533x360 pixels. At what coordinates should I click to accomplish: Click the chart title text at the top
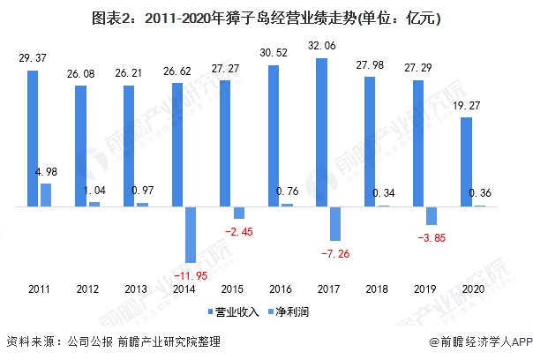click(x=266, y=18)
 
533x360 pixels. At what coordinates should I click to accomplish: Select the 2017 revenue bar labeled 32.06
click(x=321, y=132)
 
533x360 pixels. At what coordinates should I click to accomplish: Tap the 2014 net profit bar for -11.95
click(x=191, y=234)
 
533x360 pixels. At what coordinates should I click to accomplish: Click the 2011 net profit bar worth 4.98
click(x=46, y=195)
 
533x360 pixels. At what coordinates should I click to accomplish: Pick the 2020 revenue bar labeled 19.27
click(x=466, y=162)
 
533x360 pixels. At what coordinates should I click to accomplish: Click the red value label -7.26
click(x=338, y=254)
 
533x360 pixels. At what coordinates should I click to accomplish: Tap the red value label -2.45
click(x=238, y=231)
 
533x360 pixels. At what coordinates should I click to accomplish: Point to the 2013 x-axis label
click(x=135, y=289)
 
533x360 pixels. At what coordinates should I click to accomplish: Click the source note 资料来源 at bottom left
click(x=113, y=342)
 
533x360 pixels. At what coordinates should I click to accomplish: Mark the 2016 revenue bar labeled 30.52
click(x=274, y=136)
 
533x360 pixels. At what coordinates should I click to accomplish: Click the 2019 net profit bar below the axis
click(x=432, y=216)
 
